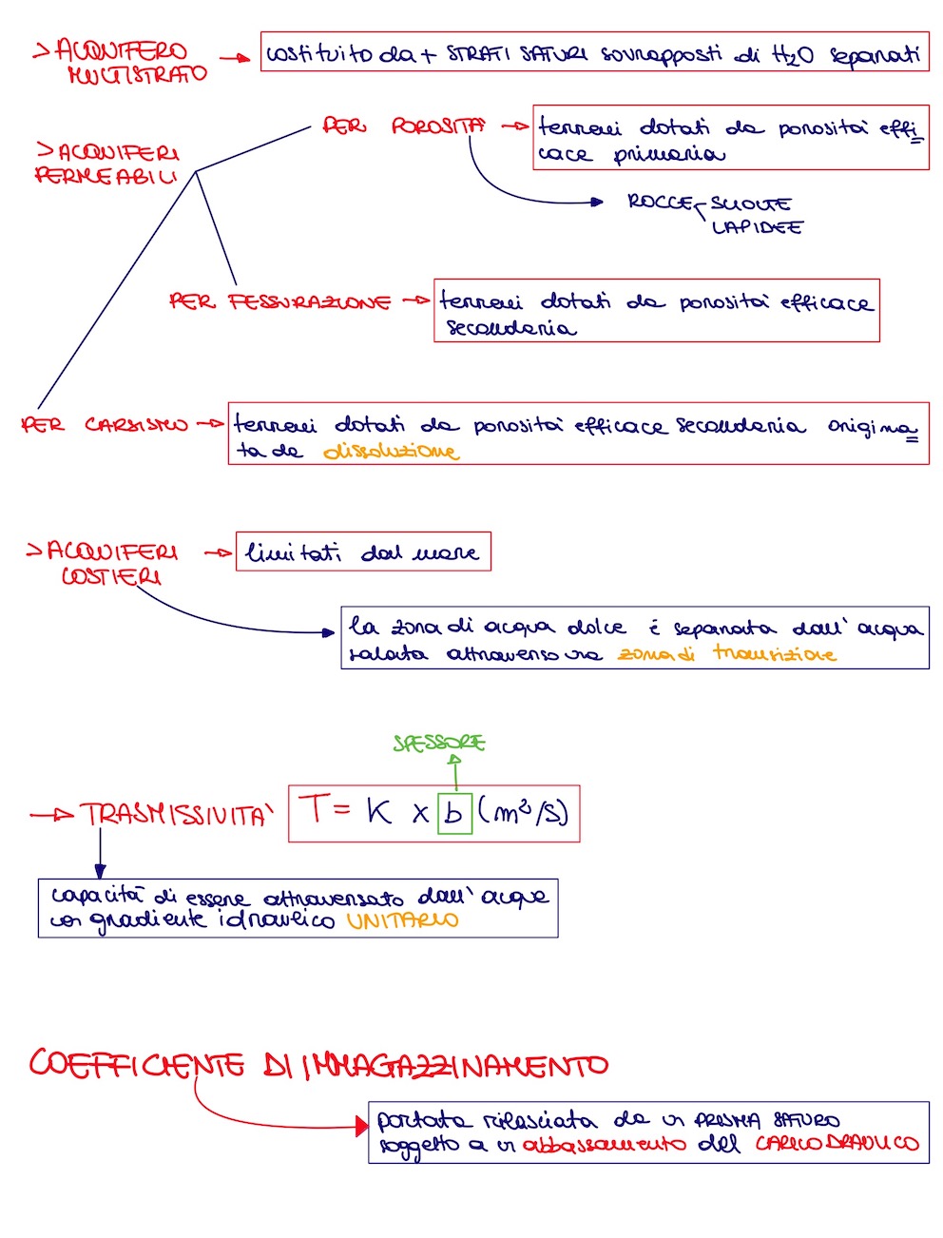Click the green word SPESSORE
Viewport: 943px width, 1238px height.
point(439,743)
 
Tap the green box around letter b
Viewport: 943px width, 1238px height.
point(454,813)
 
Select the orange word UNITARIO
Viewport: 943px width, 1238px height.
point(402,920)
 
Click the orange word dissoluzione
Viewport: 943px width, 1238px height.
point(391,451)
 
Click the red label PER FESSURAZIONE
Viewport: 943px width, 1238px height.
point(280,301)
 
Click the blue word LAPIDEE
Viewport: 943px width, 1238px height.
point(757,227)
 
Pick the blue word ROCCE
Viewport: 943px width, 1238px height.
point(660,202)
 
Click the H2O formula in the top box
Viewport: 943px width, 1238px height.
point(793,56)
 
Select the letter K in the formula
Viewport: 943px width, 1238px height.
point(378,811)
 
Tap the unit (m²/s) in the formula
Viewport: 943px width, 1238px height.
point(523,812)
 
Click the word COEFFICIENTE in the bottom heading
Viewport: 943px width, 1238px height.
point(137,1064)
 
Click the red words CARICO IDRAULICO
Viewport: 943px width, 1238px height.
point(837,1143)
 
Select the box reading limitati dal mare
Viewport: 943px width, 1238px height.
point(363,551)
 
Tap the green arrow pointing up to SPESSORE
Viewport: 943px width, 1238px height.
point(456,771)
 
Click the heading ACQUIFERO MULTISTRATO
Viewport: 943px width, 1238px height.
point(122,62)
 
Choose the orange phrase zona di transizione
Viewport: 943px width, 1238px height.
point(726,653)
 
